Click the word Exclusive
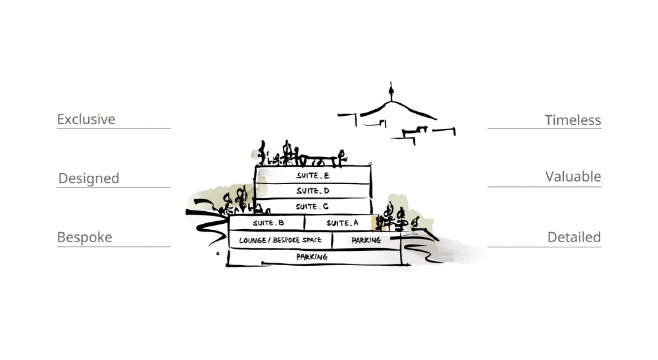click(x=86, y=119)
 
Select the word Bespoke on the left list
click(x=84, y=237)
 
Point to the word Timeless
click(x=573, y=120)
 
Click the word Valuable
click(x=573, y=177)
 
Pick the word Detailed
click(x=574, y=237)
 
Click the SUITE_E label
click(x=313, y=176)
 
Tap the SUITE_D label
click(x=313, y=191)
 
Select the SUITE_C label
click(x=312, y=207)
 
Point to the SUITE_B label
click(x=268, y=223)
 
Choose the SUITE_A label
click(x=343, y=223)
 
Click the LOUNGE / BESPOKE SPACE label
click(x=280, y=240)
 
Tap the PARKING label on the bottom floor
click(x=312, y=257)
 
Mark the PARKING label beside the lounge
click(x=366, y=240)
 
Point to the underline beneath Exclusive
click(x=114, y=129)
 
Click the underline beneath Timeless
click(x=544, y=129)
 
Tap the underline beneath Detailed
click(x=544, y=247)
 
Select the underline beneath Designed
click(x=114, y=187)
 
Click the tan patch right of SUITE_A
click(x=374, y=222)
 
